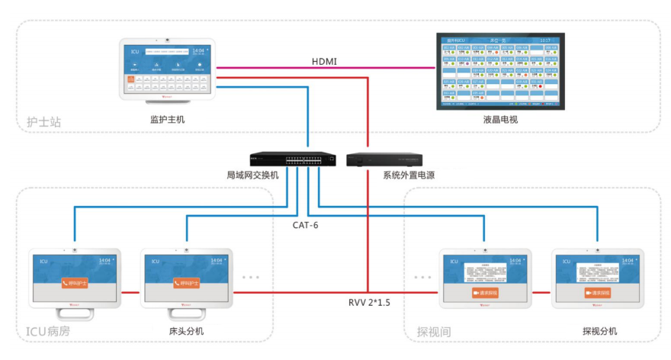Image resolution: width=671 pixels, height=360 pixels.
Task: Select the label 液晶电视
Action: (500, 120)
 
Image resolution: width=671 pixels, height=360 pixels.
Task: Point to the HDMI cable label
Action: (325, 61)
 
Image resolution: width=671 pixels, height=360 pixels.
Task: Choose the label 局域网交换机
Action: (252, 175)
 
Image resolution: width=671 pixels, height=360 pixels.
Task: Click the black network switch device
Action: (294, 159)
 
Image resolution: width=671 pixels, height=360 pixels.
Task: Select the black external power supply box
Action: (385, 160)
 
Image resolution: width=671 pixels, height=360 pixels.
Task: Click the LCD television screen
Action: (500, 70)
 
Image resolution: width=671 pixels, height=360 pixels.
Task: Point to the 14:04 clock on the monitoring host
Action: (199, 50)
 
